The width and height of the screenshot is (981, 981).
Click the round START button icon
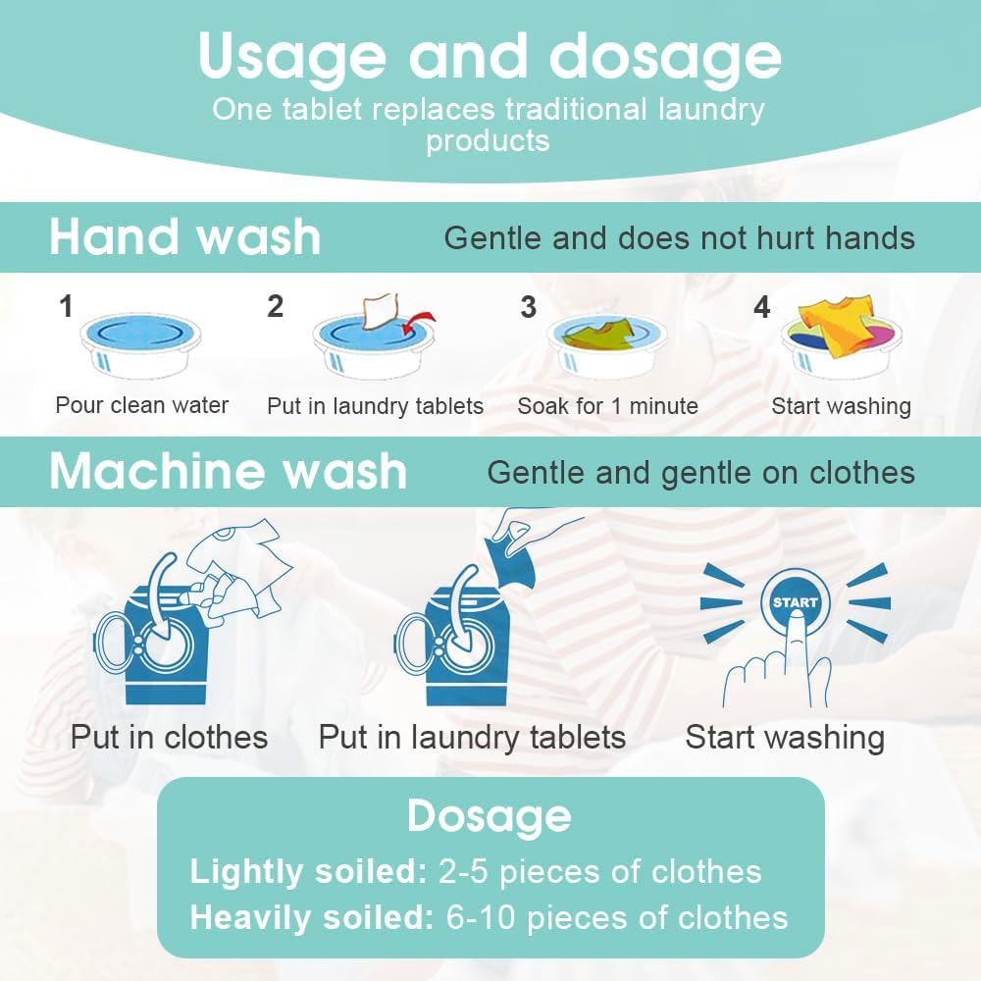pyautogui.click(x=795, y=602)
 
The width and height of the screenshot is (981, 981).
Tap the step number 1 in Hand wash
pyautogui.click(x=66, y=307)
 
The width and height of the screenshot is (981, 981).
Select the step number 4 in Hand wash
pyautogui.click(x=762, y=307)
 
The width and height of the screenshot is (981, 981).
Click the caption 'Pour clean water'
pyautogui.click(x=142, y=405)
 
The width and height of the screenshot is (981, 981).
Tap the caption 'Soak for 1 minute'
pyautogui.click(x=608, y=405)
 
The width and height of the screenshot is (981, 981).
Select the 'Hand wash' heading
pyautogui.click(x=185, y=238)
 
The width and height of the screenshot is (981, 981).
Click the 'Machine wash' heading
pyautogui.click(x=228, y=472)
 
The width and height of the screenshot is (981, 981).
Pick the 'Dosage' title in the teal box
pyautogui.click(x=490, y=816)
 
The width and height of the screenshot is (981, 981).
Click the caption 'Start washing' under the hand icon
pyautogui.click(x=785, y=738)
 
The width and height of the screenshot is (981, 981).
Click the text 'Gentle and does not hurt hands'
pyautogui.click(x=679, y=238)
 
